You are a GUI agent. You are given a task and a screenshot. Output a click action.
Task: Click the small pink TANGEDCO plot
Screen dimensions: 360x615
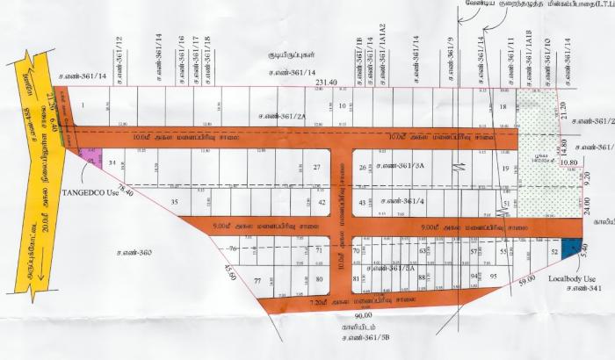[88, 156]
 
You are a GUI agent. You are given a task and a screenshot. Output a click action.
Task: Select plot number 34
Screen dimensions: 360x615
[112, 163]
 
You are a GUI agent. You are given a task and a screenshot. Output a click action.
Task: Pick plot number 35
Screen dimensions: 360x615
[175, 202]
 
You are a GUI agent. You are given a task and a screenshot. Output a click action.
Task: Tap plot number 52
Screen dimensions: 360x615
[554, 252]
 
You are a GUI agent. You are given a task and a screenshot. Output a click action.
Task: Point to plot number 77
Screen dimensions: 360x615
[257, 281]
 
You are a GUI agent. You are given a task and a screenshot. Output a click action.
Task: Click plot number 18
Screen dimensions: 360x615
[503, 107]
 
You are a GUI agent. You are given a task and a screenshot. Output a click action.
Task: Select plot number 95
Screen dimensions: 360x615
[493, 276]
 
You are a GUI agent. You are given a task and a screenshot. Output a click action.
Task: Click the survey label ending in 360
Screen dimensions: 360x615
[134, 253]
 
